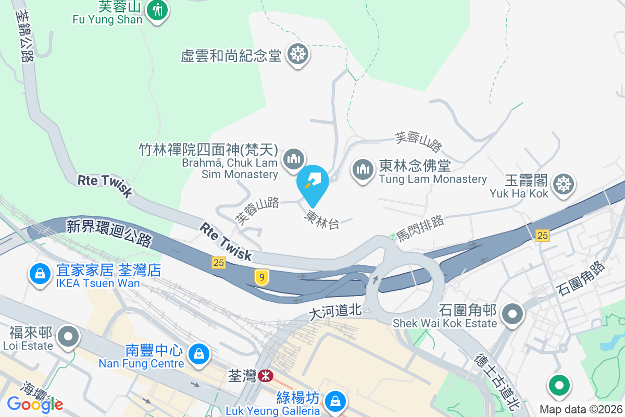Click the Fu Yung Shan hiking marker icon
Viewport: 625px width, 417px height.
point(156,10)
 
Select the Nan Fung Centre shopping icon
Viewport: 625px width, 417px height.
point(198,354)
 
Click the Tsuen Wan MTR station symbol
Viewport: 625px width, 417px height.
point(266,375)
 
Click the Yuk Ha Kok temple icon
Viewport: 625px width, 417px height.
point(563,184)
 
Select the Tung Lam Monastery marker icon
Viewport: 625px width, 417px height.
point(361,169)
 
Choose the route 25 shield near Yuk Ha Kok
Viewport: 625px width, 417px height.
point(542,236)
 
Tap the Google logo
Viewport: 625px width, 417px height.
point(34,404)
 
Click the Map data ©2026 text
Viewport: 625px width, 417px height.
point(581,409)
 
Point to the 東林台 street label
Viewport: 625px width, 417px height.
point(322,219)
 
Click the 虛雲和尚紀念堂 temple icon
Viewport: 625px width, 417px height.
point(298,54)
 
